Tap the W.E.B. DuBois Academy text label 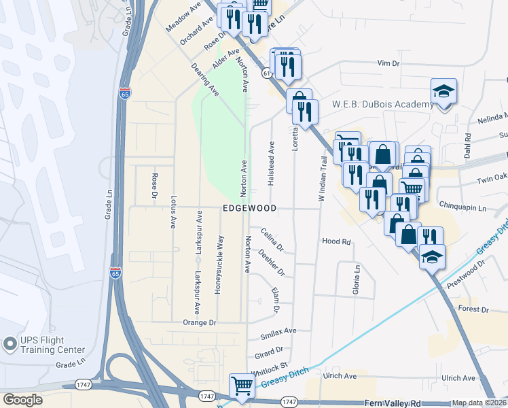382,104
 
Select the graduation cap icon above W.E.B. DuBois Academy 443,92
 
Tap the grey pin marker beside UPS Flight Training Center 10,344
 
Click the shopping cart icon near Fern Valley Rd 241,386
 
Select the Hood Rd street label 335,241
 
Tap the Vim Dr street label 389,63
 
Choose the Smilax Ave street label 279,331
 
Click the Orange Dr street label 199,322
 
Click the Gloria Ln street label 355,279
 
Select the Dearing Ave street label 204,80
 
